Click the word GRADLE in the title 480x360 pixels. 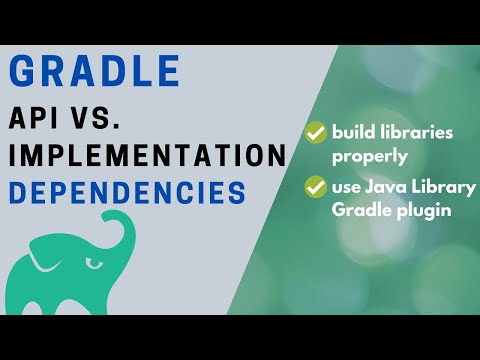pyautogui.click(x=96, y=72)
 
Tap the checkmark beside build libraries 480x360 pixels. pyautogui.click(x=317, y=131)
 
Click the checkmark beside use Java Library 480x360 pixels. pyautogui.click(x=317, y=186)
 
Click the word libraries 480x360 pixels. pyautogui.click(x=421, y=131)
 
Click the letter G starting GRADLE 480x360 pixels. pyautogui.click(x=26, y=72)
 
